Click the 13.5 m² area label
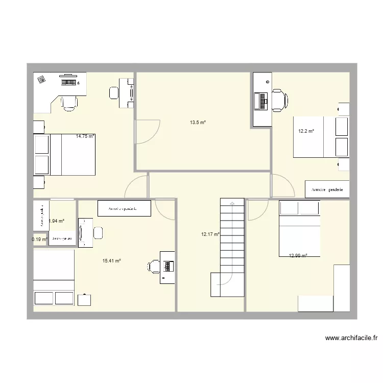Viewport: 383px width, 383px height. click(x=198, y=123)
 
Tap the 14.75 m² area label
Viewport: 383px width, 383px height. click(x=85, y=136)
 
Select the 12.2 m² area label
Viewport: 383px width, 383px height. click(x=306, y=131)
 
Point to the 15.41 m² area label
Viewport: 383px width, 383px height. click(x=111, y=261)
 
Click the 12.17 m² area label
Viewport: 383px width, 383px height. click(x=210, y=234)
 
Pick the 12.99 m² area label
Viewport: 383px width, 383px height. click(x=298, y=255)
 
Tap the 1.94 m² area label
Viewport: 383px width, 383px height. click(x=56, y=221)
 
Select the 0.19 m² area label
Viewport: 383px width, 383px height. click(x=39, y=239)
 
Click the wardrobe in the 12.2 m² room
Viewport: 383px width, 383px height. click(x=327, y=189)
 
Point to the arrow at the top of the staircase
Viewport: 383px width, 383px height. click(x=232, y=203)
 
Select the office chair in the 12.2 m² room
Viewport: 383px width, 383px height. click(x=279, y=100)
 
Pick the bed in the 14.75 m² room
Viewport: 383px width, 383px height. click(x=65, y=155)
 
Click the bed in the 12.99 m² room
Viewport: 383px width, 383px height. click(x=299, y=228)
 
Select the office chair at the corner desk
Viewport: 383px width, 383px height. click(x=70, y=102)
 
